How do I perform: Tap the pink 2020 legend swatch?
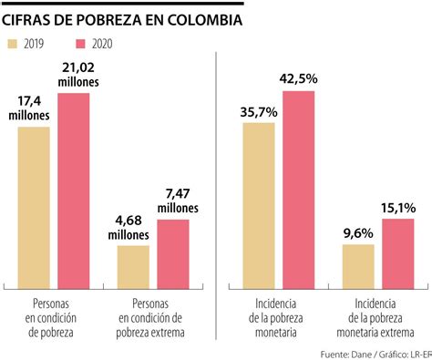point(81,43)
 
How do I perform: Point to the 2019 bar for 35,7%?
point(259,201)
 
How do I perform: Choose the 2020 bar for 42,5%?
point(298,186)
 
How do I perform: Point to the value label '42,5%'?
point(299,78)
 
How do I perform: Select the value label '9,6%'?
point(358,232)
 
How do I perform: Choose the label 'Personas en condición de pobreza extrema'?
point(151,315)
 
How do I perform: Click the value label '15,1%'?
point(398,206)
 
